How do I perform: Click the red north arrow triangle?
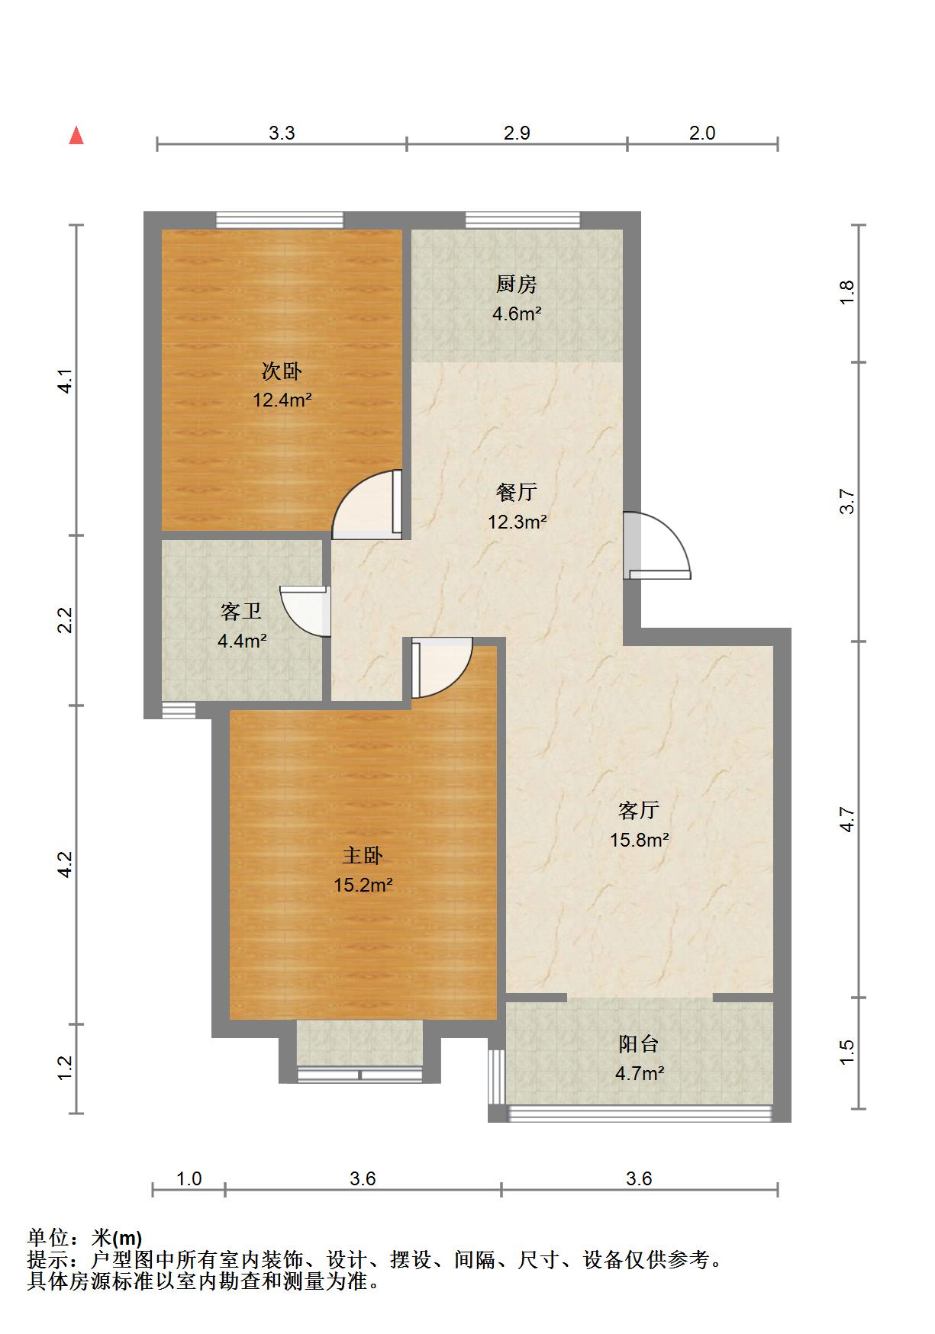pyautogui.click(x=76, y=136)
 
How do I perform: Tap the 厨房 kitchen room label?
pyautogui.click(x=517, y=284)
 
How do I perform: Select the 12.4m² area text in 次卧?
pyautogui.click(x=282, y=400)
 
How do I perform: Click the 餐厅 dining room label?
pyautogui.click(x=517, y=492)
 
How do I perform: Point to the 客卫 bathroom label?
pyautogui.click(x=241, y=611)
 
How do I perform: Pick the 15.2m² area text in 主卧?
pyautogui.click(x=363, y=886)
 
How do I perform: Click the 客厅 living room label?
pyautogui.click(x=639, y=809)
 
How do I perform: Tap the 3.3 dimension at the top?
pyautogui.click(x=282, y=133)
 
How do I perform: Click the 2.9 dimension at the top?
pyautogui.click(x=517, y=133)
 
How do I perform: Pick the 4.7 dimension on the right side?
pyautogui.click(x=847, y=819)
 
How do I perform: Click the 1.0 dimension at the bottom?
pyautogui.click(x=189, y=1179)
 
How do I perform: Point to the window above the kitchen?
pyautogui.click(x=523, y=220)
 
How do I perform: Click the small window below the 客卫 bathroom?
pyautogui.click(x=179, y=711)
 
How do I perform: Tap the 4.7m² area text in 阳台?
pyautogui.click(x=640, y=1074)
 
